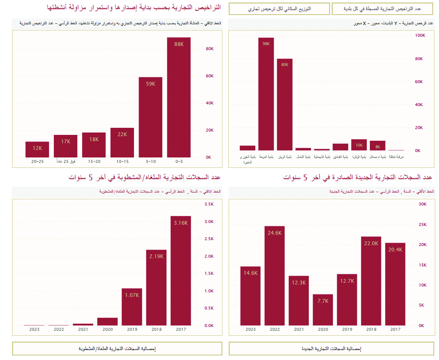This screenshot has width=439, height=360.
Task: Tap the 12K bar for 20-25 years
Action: point(37,150)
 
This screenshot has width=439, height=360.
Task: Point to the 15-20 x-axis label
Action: point(94,161)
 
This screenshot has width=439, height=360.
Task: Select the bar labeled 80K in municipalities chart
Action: point(285,104)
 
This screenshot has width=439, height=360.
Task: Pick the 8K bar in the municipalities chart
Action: point(377,145)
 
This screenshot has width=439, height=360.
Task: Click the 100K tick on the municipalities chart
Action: point(419,35)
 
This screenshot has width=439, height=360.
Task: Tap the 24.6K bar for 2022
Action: point(275,276)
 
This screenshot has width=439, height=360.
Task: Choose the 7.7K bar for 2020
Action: point(323,310)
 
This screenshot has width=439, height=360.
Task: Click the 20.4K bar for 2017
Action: point(395,284)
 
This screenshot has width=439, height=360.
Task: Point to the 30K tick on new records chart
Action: point(422,204)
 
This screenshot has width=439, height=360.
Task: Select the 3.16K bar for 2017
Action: point(181,271)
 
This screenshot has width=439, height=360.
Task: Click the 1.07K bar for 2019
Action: point(132,307)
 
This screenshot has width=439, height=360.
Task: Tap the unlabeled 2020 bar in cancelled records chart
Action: point(107,322)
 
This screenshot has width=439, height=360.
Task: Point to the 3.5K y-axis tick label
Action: point(209,204)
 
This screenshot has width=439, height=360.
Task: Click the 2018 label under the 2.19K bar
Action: point(156,330)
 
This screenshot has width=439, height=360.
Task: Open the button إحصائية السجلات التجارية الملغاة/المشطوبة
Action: point(117,348)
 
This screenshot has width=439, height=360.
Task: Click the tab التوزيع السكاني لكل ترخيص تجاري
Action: point(279,9)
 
